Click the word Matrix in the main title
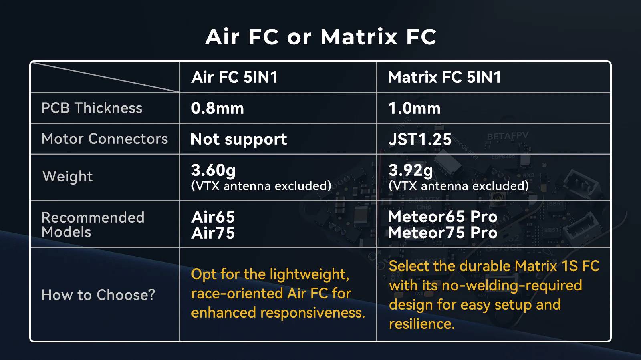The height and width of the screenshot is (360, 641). [359, 37]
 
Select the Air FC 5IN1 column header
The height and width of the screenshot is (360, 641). [235, 77]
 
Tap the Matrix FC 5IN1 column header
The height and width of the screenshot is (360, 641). [444, 77]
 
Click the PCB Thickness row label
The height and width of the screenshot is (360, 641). [92, 108]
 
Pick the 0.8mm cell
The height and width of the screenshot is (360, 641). [218, 109]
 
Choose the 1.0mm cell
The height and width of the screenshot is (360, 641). [414, 109]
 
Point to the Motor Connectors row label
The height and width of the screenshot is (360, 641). [105, 139]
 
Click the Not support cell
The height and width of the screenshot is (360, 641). [239, 139]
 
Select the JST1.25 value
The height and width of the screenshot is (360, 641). [420, 139]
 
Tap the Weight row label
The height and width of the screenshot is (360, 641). [68, 177]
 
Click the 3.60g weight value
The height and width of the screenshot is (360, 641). [213, 171]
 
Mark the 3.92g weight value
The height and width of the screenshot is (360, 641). [411, 171]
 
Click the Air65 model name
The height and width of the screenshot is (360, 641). [213, 217]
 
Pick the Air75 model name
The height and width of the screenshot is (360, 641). [213, 233]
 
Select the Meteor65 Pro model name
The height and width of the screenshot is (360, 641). [443, 217]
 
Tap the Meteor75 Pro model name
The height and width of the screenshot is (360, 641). [443, 233]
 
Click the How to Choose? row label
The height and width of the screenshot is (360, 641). [98, 295]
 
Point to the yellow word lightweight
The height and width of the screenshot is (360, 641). [309, 275]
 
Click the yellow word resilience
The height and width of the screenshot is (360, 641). [422, 324]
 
